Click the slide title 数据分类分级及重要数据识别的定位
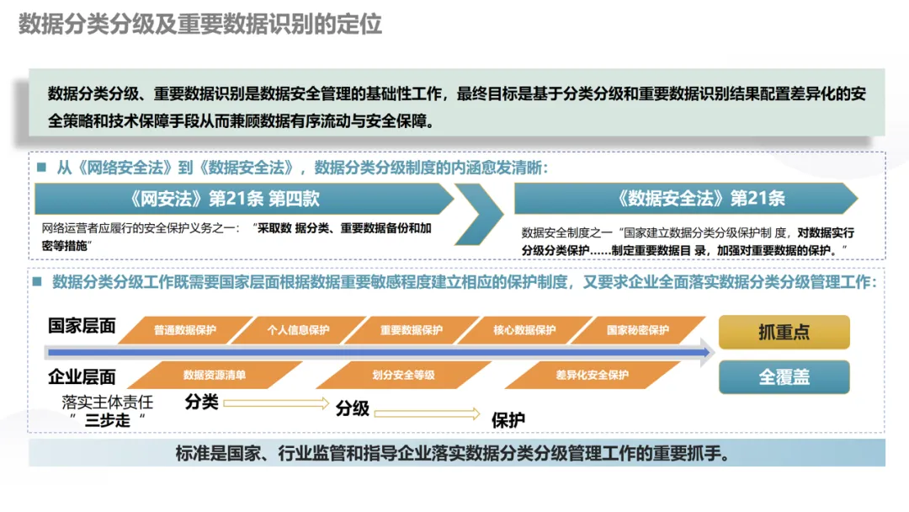tap(200, 24)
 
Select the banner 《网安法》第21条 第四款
tap(243, 199)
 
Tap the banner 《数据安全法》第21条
tap(686, 199)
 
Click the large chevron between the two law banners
tap(479, 214)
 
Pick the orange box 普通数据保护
tap(185, 330)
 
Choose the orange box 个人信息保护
tap(298, 330)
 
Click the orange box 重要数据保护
tap(412, 330)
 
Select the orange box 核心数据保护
tap(524, 330)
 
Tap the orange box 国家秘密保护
tap(638, 330)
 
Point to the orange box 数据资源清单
tap(215, 375)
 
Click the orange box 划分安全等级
tap(403, 375)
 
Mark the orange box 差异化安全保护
tap(592, 375)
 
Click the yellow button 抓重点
tap(784, 333)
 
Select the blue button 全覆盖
tap(784, 377)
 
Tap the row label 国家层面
tap(82, 326)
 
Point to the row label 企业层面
tap(82, 377)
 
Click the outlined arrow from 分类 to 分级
tap(276, 403)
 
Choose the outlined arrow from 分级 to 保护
tap(428, 413)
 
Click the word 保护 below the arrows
tap(508, 420)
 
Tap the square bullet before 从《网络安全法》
tap(41, 168)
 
